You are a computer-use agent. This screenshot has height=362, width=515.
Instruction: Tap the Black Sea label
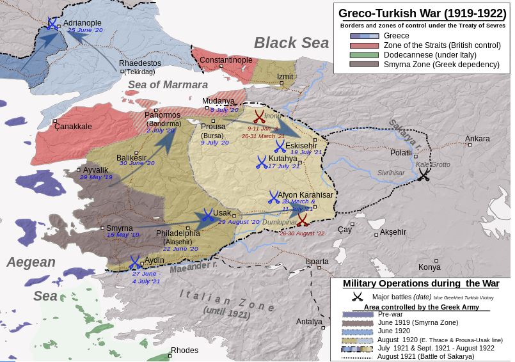tap(291, 43)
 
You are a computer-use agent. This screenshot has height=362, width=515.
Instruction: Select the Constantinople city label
tap(226, 60)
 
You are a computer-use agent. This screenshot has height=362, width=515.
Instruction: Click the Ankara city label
tap(477, 139)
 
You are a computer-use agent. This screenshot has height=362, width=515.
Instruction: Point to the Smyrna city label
tap(120, 228)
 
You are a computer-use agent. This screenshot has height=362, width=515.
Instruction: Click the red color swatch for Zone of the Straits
tap(363, 45)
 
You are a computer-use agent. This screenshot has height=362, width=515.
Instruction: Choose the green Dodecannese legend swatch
tap(363, 55)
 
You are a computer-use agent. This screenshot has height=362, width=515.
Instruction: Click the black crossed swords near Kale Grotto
tap(424, 175)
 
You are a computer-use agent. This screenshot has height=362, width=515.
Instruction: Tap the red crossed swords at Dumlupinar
tap(302, 221)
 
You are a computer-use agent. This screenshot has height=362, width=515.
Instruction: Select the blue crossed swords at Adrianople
tap(51, 24)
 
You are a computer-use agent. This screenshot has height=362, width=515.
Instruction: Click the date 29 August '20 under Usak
tap(239, 222)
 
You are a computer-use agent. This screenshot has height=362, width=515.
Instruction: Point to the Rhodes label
tap(185, 350)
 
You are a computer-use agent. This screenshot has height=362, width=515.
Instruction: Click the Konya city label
tap(429, 267)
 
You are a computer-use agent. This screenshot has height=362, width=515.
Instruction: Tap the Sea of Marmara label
tap(168, 84)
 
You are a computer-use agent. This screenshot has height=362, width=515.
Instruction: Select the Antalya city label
tap(310, 322)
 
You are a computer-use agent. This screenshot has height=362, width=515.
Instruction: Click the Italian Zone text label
tap(226, 298)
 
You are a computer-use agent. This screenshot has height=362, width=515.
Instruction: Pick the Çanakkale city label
tap(73, 127)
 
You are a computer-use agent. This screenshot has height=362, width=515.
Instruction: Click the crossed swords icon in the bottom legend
tap(358, 297)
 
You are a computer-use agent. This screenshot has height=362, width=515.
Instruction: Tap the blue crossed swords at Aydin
tap(135, 262)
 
